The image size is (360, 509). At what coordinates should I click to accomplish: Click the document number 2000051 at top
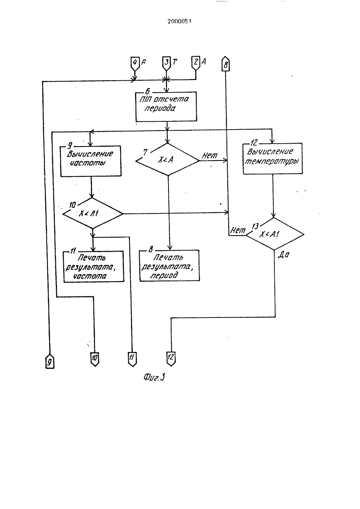pyautogui.click(x=179, y=21)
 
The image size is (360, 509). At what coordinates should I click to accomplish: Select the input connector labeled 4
pyautogui.click(x=135, y=63)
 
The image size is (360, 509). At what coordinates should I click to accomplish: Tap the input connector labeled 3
pyautogui.click(x=167, y=63)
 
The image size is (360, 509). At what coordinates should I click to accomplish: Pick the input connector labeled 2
pyautogui.click(x=196, y=63)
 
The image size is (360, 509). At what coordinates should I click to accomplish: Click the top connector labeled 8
pyautogui.click(x=225, y=64)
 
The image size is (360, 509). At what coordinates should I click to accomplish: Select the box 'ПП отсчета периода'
pyautogui.click(x=166, y=106)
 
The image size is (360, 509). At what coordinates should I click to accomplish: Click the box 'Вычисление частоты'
pyautogui.click(x=91, y=161)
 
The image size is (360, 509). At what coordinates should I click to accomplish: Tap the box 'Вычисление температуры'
pyautogui.click(x=273, y=159)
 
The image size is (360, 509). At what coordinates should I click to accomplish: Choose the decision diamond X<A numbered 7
pyautogui.click(x=167, y=159)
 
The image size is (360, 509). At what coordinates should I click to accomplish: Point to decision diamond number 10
pyautogui.click(x=93, y=213)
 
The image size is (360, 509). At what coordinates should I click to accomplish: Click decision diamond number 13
pyautogui.click(x=275, y=234)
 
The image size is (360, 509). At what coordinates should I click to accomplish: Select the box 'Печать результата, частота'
pyautogui.click(x=94, y=266)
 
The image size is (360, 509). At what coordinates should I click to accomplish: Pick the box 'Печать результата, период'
pyautogui.click(x=170, y=266)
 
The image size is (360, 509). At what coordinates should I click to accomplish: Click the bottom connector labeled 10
pyautogui.click(x=95, y=359)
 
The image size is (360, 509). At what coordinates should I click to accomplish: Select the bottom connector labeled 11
pyautogui.click(x=132, y=359)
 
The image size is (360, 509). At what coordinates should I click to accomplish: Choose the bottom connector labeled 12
pyautogui.click(x=171, y=359)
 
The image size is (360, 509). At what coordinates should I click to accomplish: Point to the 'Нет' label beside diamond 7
pyautogui.click(x=210, y=156)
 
